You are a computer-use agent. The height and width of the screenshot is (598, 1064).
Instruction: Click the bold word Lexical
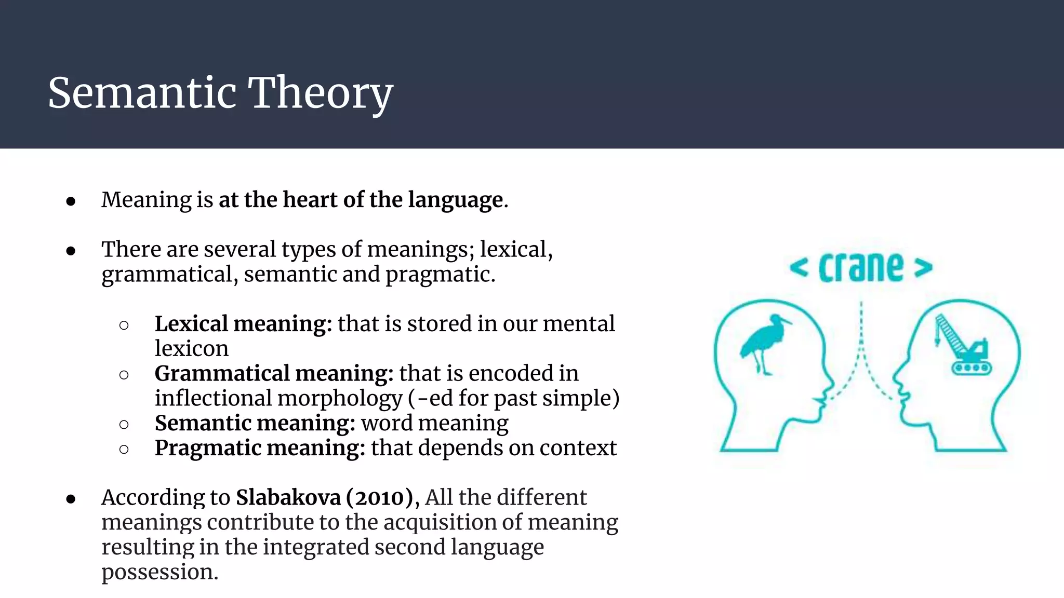(191, 324)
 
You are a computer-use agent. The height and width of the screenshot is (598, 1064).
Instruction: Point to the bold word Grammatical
(222, 374)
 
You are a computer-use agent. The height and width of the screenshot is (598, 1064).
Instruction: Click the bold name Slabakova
(288, 498)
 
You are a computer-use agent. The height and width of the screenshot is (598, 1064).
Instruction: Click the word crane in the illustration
(861, 268)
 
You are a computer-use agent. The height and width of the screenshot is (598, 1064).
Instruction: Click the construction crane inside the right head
(963, 345)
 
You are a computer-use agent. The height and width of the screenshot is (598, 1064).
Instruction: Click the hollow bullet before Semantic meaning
(124, 425)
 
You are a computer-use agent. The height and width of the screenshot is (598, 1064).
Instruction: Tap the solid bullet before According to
(71, 499)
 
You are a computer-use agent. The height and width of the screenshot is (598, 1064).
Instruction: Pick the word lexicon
(191, 349)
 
